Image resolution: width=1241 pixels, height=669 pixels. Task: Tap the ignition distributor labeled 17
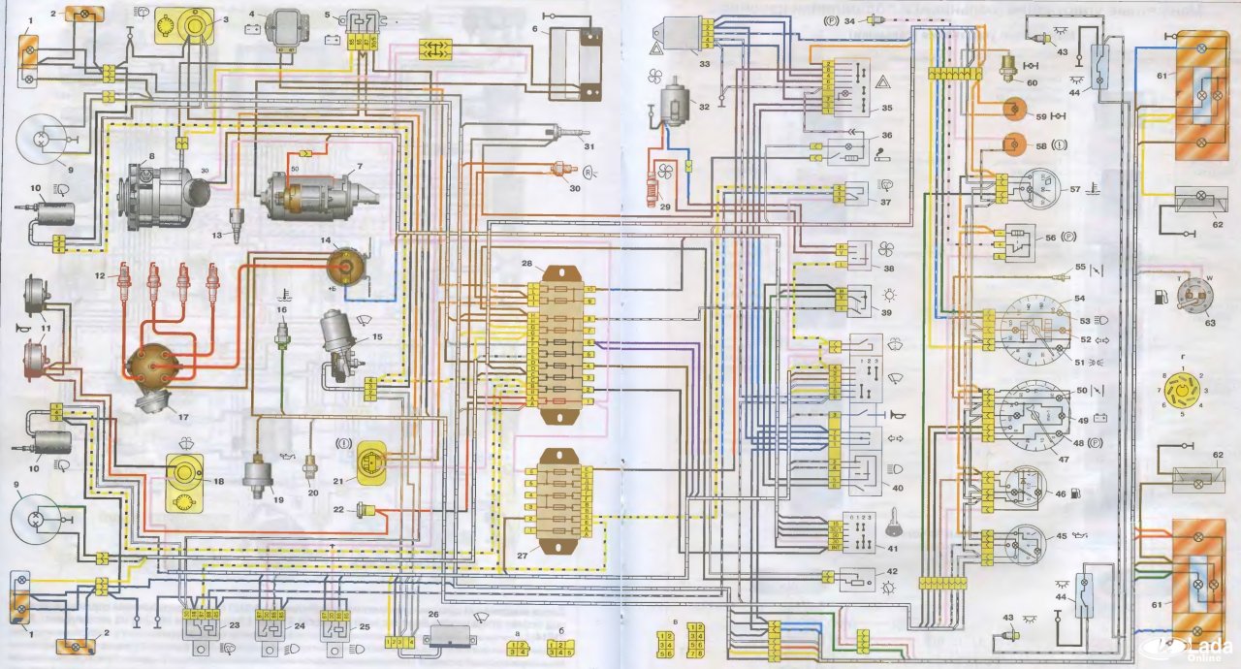[x=155, y=373]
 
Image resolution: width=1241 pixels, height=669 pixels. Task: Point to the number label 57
[x=1073, y=189]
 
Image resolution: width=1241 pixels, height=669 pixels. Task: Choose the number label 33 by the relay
[x=705, y=64]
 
